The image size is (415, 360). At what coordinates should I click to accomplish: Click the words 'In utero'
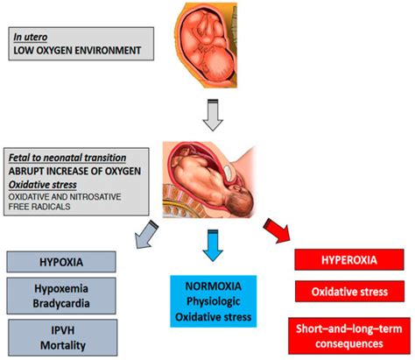(34, 37)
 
